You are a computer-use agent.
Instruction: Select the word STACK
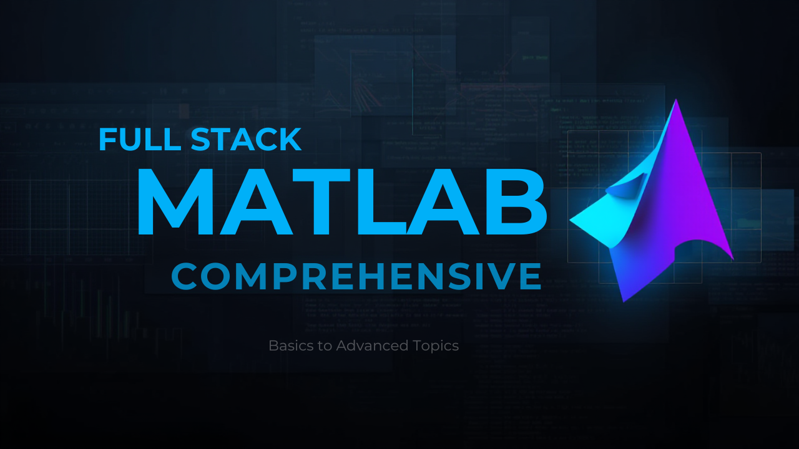coord(247,140)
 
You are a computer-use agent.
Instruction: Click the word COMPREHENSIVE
coord(356,276)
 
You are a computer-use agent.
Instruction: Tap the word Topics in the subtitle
coord(436,346)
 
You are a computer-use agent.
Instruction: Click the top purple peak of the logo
coord(675,103)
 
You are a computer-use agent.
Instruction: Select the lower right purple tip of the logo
coord(731,257)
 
